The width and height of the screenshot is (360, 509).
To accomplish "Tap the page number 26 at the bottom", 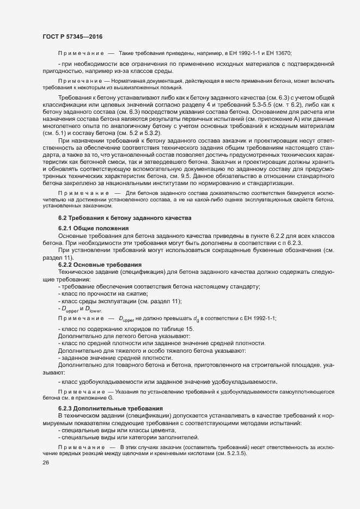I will coord(46,463).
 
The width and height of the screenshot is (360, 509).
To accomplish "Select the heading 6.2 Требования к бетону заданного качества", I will coord(124,218).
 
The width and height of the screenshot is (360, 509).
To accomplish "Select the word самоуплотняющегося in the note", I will coord(301,392).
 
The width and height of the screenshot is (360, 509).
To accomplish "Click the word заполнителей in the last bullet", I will coord(177,437).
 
